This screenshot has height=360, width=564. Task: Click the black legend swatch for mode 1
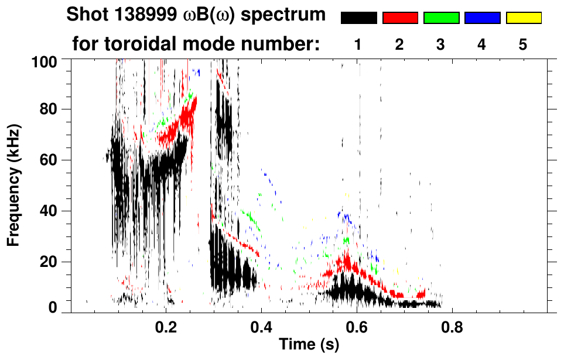pyautogui.click(x=358, y=18)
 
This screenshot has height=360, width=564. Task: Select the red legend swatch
pyautogui.click(x=400, y=18)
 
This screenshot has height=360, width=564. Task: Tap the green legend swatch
pyautogui.click(x=441, y=18)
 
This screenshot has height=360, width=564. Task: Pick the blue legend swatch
pyautogui.click(x=482, y=18)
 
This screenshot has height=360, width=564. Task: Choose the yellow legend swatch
pyautogui.click(x=523, y=18)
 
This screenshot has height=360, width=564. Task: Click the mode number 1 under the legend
pyautogui.click(x=358, y=44)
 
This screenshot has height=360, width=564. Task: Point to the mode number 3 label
pyautogui.click(x=441, y=44)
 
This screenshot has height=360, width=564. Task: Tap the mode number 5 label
pyautogui.click(x=523, y=44)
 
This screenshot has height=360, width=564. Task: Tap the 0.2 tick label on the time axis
pyautogui.click(x=166, y=326)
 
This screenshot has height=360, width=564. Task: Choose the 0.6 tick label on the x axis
pyautogui.click(x=357, y=326)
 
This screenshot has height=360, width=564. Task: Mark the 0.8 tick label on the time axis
pyautogui.click(x=453, y=326)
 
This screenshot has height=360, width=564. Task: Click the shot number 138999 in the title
pyautogui.click(x=135, y=15)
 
